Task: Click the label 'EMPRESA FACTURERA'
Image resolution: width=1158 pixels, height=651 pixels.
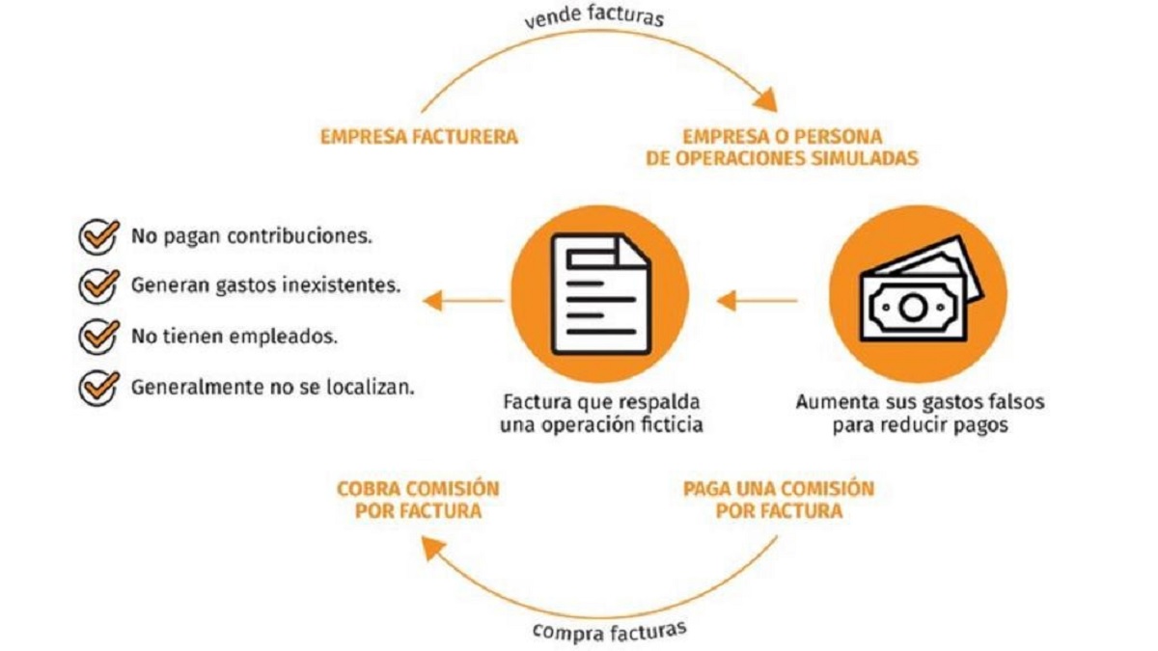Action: pyautogui.click(x=419, y=137)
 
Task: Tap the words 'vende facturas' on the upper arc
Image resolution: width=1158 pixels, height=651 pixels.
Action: pyautogui.click(x=594, y=15)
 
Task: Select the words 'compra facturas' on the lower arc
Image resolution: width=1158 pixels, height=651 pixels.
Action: pyautogui.click(x=610, y=631)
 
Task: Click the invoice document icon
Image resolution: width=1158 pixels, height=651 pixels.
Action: pyautogui.click(x=600, y=294)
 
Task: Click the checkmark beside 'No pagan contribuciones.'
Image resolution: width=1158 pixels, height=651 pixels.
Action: pyautogui.click(x=98, y=236)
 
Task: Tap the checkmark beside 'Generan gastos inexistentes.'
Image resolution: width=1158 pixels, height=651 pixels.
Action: pyautogui.click(x=98, y=285)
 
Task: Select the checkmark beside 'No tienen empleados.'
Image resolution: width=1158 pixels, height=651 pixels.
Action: pyautogui.click(x=98, y=337)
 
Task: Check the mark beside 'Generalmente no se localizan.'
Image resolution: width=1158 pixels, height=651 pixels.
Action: pyautogui.click(x=98, y=388)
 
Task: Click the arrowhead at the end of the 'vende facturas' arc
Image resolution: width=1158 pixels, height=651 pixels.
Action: pyautogui.click(x=765, y=99)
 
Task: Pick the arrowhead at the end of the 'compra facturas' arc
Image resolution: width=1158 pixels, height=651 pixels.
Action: pyautogui.click(x=433, y=549)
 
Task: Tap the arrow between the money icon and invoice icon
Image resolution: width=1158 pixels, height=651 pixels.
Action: pyautogui.click(x=758, y=301)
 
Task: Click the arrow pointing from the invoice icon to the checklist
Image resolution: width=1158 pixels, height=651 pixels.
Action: pyautogui.click(x=463, y=301)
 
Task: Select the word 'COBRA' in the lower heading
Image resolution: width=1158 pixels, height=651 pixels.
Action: pyautogui.click(x=368, y=489)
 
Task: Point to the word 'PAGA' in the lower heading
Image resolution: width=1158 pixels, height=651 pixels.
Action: pyautogui.click(x=707, y=489)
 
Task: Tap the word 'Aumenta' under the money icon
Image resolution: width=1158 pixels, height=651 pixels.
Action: pyautogui.click(x=829, y=402)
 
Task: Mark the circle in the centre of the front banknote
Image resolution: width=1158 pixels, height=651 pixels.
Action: pyautogui.click(x=913, y=308)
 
